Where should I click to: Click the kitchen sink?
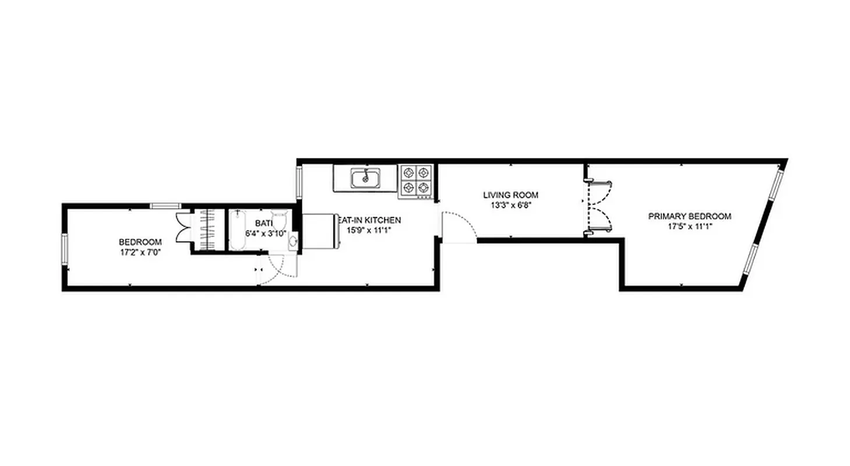[365, 178]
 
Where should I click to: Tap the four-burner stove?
[416, 180]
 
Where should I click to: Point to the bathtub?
[238, 230]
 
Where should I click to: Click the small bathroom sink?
[293, 240]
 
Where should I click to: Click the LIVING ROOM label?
[510, 195]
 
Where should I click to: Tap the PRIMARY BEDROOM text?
[689, 216]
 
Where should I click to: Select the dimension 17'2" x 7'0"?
[140, 252]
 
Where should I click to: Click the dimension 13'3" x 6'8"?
[510, 205]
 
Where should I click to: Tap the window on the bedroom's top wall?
[165, 205]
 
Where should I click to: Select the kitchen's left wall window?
[299, 182]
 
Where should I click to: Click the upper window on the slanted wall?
[775, 183]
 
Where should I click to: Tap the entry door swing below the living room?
[458, 226]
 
